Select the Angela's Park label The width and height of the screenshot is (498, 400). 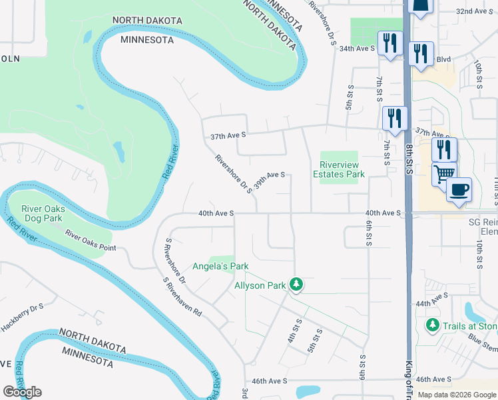tap(220, 266)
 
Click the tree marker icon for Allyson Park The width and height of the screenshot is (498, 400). tap(297, 285)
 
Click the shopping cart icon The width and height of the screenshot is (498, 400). tap(444, 174)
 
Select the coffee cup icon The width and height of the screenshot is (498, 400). tap(459, 189)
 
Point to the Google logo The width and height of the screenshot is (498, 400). tap(22, 392)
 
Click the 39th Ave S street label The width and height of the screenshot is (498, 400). tap(270, 179)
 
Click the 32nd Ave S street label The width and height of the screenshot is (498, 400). tap(473, 11)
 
